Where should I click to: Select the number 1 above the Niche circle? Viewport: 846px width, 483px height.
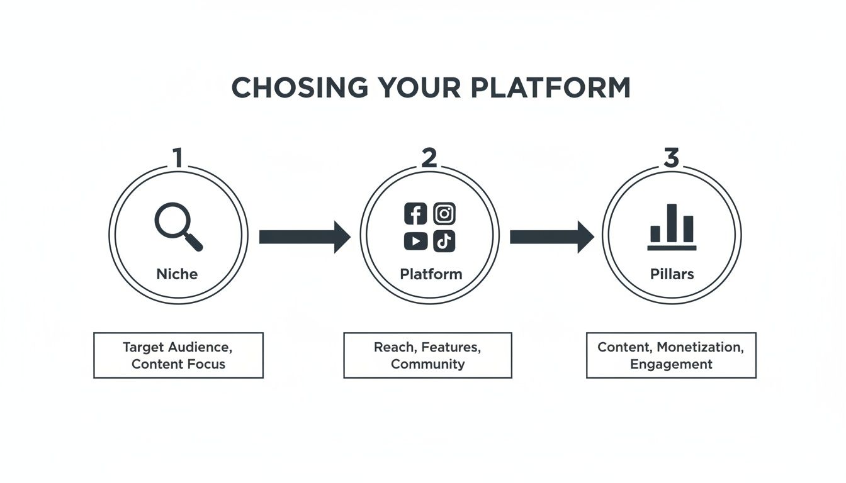click(x=178, y=158)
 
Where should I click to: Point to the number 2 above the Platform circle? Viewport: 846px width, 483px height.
click(x=429, y=158)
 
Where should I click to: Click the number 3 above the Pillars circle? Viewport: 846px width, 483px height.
click(x=672, y=158)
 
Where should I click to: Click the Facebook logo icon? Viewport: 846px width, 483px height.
click(x=415, y=214)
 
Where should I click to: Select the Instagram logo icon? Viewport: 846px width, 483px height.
click(x=444, y=214)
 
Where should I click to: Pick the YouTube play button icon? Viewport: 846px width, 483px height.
click(x=415, y=241)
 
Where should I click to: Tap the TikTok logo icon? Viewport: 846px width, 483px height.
click(x=444, y=241)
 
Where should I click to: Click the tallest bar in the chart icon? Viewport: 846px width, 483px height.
click(x=672, y=223)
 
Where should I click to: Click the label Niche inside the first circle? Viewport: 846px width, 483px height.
click(x=177, y=274)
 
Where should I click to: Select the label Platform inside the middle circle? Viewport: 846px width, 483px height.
click(x=431, y=274)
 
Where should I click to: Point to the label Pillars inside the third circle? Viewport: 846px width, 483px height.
click(x=672, y=274)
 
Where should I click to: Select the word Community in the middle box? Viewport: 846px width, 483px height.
click(x=428, y=364)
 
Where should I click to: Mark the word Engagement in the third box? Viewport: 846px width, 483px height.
click(x=672, y=364)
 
